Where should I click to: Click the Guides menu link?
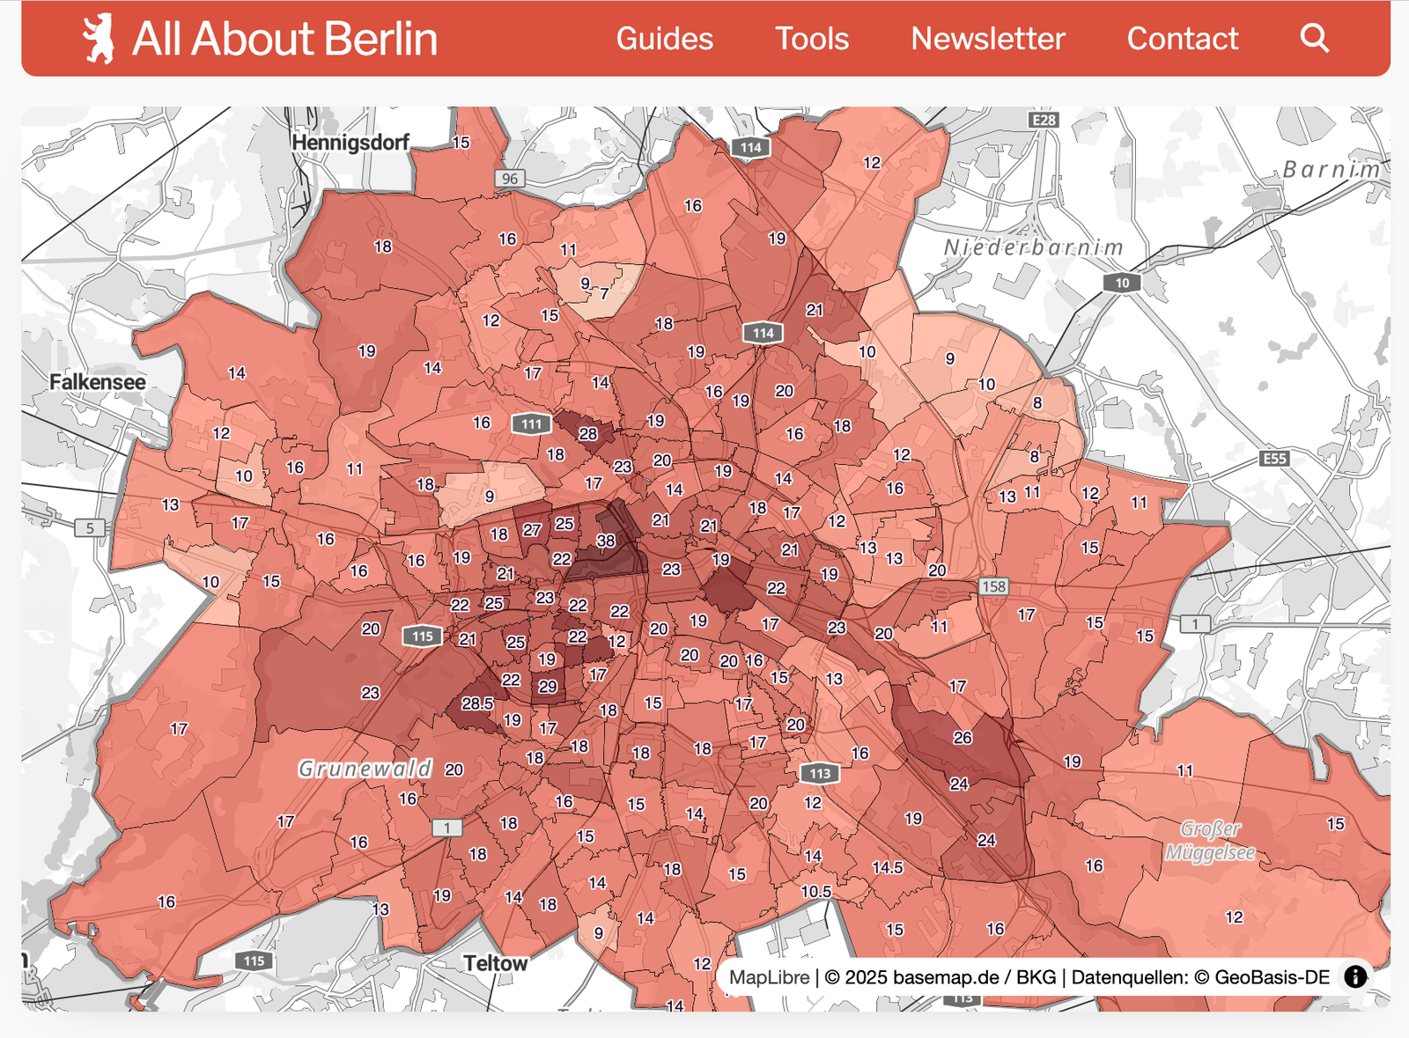[x=664, y=39]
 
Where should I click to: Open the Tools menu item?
[x=811, y=39]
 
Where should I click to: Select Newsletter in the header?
[x=987, y=39]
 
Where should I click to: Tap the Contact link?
[x=1182, y=39]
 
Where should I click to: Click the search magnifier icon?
[x=1314, y=38]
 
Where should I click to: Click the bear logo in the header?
[x=99, y=39]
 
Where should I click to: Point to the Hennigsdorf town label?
[x=350, y=143]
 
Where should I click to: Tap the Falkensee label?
[x=98, y=382]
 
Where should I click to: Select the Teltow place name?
[x=495, y=963]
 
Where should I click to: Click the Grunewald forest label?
[x=365, y=769]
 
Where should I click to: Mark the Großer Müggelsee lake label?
[x=1211, y=841]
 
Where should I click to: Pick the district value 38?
[x=606, y=541]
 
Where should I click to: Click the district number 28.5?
[x=477, y=703]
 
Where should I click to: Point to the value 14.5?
[x=888, y=867]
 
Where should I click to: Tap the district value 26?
[x=963, y=738]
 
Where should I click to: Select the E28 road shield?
[x=1044, y=120]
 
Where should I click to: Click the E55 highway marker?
[x=1274, y=459]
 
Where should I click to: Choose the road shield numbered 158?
[x=993, y=586]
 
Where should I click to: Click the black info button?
[x=1355, y=976]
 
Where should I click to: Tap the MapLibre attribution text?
[x=769, y=977]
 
